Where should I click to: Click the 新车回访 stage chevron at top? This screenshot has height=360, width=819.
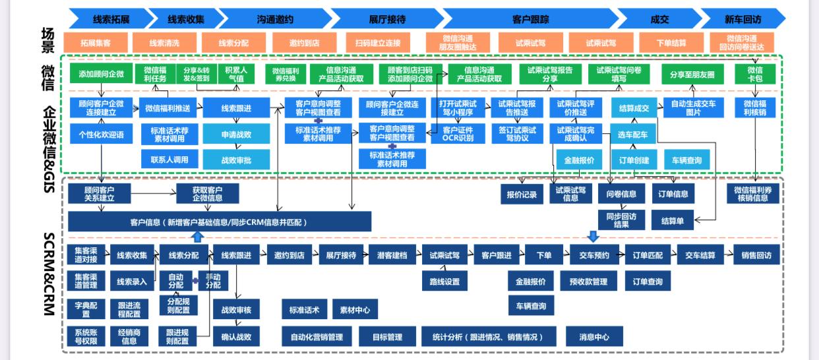pos(742,18)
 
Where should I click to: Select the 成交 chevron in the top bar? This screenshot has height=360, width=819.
pos(659,18)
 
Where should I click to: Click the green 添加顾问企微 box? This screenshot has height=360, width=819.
pos(100,74)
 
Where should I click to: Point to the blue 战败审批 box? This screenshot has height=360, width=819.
pos(235,159)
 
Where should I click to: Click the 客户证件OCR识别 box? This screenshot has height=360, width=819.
pos(457,134)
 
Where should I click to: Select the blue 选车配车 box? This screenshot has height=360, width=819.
pos(632,135)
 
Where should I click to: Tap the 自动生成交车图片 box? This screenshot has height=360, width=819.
pos(694,107)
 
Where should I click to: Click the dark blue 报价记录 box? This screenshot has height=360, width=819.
pos(522,195)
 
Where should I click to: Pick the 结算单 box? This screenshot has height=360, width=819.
pos(673,221)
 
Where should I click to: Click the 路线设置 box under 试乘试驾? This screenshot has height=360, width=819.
pos(444,282)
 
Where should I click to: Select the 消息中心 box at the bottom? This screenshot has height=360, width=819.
pos(594,337)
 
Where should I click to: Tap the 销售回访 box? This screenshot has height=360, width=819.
pos(756,255)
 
